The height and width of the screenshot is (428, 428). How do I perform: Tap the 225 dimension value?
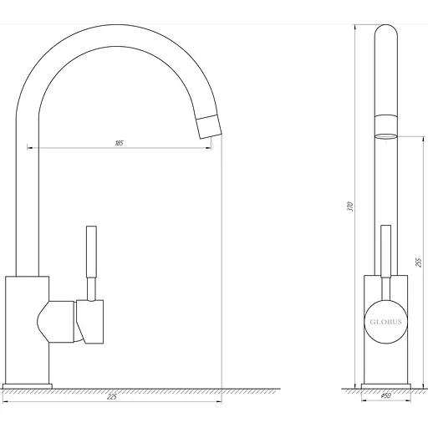point(111,396)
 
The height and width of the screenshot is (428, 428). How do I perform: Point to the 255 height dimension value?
point(415,261)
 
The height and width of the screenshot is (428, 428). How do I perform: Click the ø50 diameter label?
point(385,396)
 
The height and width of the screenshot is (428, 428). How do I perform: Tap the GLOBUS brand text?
point(385,317)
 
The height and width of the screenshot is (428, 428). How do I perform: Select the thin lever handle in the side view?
point(91,259)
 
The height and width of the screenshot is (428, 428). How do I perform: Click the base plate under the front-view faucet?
point(385,386)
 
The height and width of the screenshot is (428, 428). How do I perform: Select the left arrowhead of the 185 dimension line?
point(31,148)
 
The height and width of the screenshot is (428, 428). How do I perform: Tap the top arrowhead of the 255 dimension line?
point(410,136)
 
